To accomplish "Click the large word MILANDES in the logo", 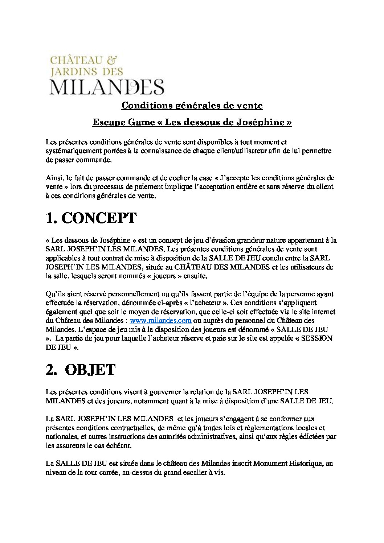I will pos(107,87).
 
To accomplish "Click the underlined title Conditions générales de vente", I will pos(192,106).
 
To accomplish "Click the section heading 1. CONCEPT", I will pos(91,218).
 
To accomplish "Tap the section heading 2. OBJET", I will pos(81,370).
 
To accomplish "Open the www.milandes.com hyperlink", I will pos(160,321).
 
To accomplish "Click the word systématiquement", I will pos(69,151).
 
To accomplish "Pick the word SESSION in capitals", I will pos(316,338).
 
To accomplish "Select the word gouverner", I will pos(165,392).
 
